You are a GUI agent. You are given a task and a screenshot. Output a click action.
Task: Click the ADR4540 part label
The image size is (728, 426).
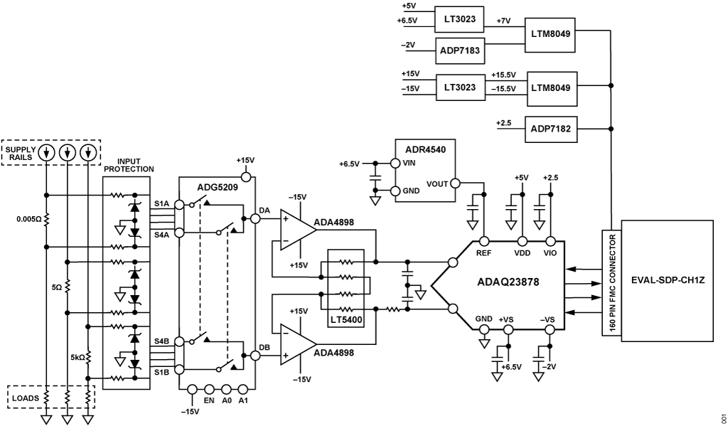pos(425,149)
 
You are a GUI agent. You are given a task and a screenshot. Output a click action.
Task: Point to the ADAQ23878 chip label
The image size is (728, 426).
pos(508,282)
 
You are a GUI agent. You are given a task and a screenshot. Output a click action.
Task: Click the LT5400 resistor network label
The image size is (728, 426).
pos(346,320)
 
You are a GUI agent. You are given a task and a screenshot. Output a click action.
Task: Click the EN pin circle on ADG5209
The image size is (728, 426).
pos(209,389)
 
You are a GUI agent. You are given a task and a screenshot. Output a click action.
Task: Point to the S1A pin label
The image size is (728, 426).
pos(162,203)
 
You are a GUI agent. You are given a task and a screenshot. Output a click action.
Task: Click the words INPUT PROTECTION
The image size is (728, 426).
pos(128,164)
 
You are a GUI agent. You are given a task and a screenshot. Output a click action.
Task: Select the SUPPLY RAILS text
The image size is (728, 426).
pos(21,153)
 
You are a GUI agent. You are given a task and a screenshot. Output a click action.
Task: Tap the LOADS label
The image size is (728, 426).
pos(25,398)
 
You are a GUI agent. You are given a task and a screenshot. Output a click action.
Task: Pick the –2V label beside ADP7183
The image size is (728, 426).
pos(407,45)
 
